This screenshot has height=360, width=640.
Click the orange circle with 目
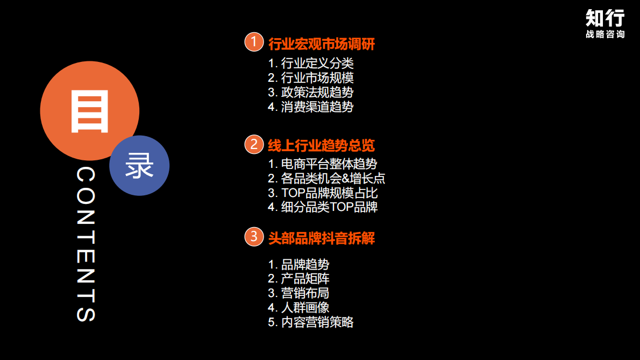pyautogui.click(x=89, y=110)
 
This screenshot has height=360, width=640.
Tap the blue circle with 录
pyautogui.click(x=139, y=166)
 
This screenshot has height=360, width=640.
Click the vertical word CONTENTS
pyautogui.click(x=86, y=245)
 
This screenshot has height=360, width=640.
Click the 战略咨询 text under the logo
pyautogui.click(x=605, y=34)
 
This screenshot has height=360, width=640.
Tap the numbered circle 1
pyautogui.click(x=254, y=42)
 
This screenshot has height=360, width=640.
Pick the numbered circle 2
pyautogui.click(x=254, y=144)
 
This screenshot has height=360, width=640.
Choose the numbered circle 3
pyautogui.click(x=254, y=237)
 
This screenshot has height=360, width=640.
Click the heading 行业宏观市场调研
pyautogui.click(x=321, y=44)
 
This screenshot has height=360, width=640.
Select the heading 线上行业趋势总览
pyautogui.click(x=321, y=145)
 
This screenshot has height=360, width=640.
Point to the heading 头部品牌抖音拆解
pyautogui.click(x=321, y=238)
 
